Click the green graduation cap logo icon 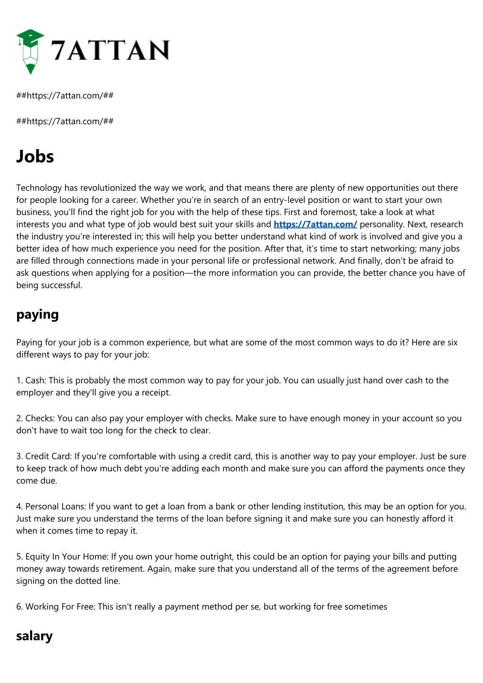coord(30,51)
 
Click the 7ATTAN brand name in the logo coord(110,50)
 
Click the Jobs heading coord(35,156)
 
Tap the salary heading coord(34,635)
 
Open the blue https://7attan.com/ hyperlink coord(315,224)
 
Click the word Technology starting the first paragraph coord(39,188)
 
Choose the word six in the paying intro coord(452,342)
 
